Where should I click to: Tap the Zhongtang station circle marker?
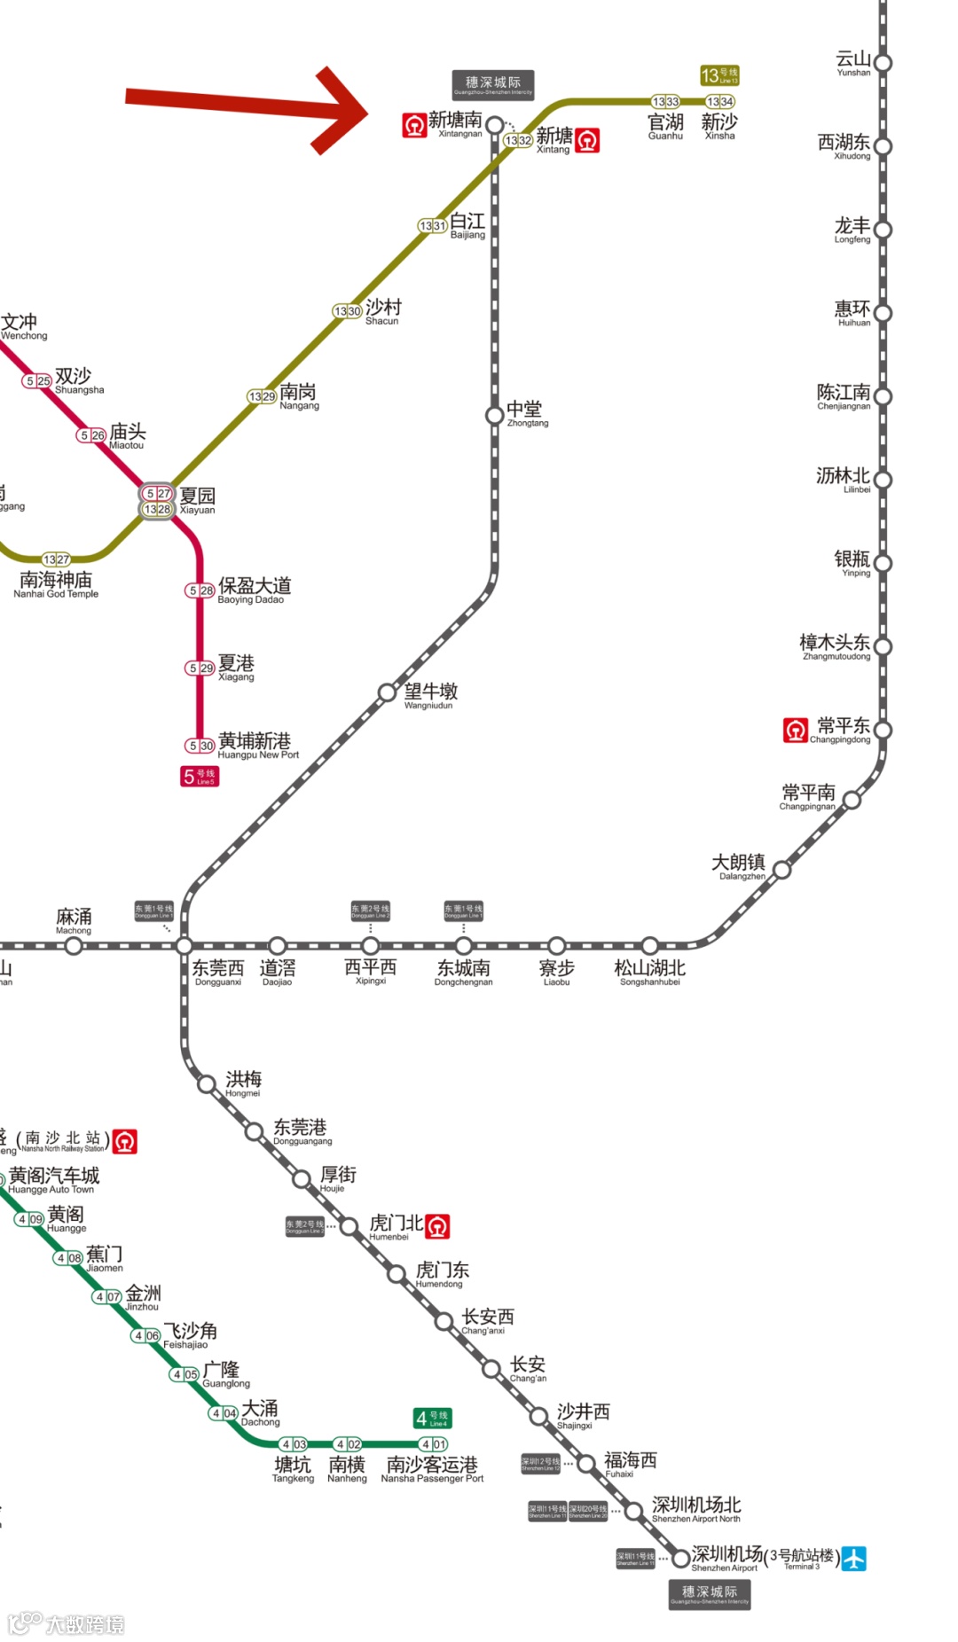click(x=495, y=415)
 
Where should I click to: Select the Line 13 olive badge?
click(x=719, y=75)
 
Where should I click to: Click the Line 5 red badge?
click(x=200, y=777)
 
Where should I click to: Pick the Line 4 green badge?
click(x=433, y=1419)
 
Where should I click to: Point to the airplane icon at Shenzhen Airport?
click(x=853, y=1558)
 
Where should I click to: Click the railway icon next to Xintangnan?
click(x=414, y=125)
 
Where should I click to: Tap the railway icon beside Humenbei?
click(x=438, y=1226)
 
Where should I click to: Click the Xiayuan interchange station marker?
click(x=157, y=501)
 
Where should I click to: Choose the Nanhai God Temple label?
click(x=56, y=584)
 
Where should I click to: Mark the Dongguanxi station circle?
click(x=185, y=945)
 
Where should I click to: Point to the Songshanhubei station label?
click(x=650, y=971)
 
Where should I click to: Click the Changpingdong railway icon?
click(x=796, y=730)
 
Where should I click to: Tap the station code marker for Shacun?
click(x=347, y=311)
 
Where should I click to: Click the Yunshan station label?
click(x=853, y=63)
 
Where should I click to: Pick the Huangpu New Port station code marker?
click(x=200, y=746)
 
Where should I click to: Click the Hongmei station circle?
click(x=207, y=1083)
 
